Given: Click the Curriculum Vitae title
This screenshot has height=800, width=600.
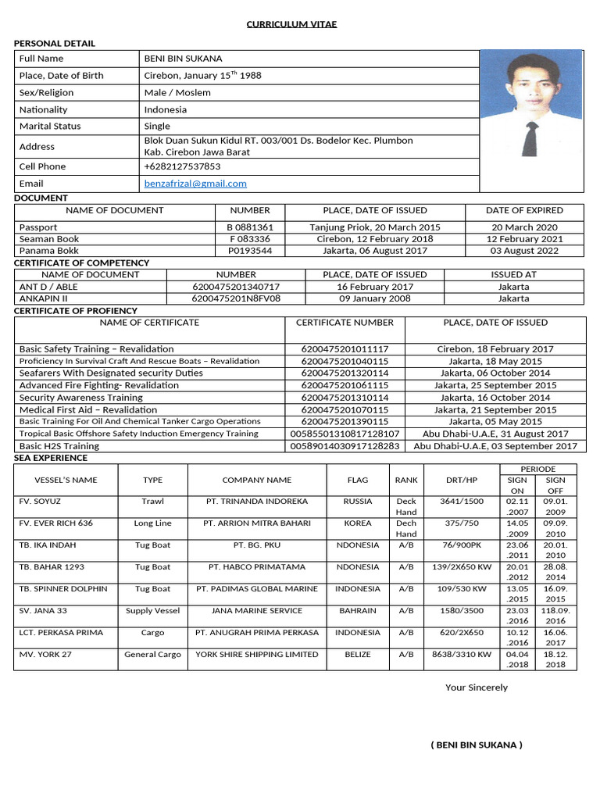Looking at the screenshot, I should tap(291, 24).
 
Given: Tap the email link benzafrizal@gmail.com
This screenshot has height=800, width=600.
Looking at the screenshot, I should tap(195, 184).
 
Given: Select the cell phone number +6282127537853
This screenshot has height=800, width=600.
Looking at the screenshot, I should tap(182, 166).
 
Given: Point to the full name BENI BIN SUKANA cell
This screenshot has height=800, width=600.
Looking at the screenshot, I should tap(183, 59).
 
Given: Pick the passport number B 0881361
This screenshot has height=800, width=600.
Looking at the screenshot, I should tap(250, 227).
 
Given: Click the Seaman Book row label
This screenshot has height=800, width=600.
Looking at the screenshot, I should tap(49, 239).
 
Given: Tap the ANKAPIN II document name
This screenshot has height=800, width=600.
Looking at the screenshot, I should tap(44, 298).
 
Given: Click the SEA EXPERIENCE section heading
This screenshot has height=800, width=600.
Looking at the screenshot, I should tap(50, 457).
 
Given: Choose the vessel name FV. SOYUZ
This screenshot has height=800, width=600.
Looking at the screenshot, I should tap(40, 502).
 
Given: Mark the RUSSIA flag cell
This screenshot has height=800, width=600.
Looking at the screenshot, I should tap(358, 502).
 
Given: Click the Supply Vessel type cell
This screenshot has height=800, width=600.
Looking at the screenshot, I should tap(152, 611).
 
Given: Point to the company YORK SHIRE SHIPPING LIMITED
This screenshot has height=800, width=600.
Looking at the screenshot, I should tap(256, 655).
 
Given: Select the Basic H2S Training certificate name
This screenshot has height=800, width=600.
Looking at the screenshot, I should tap(59, 446).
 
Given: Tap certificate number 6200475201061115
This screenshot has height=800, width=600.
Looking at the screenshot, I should tap(345, 385).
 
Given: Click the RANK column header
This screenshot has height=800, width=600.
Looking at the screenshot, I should tap(406, 480).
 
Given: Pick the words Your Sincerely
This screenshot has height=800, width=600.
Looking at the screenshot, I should tap(476, 687).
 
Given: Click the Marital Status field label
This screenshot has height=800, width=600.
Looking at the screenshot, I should tap(50, 126).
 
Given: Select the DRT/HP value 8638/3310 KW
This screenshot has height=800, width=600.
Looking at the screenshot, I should tap(462, 655).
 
